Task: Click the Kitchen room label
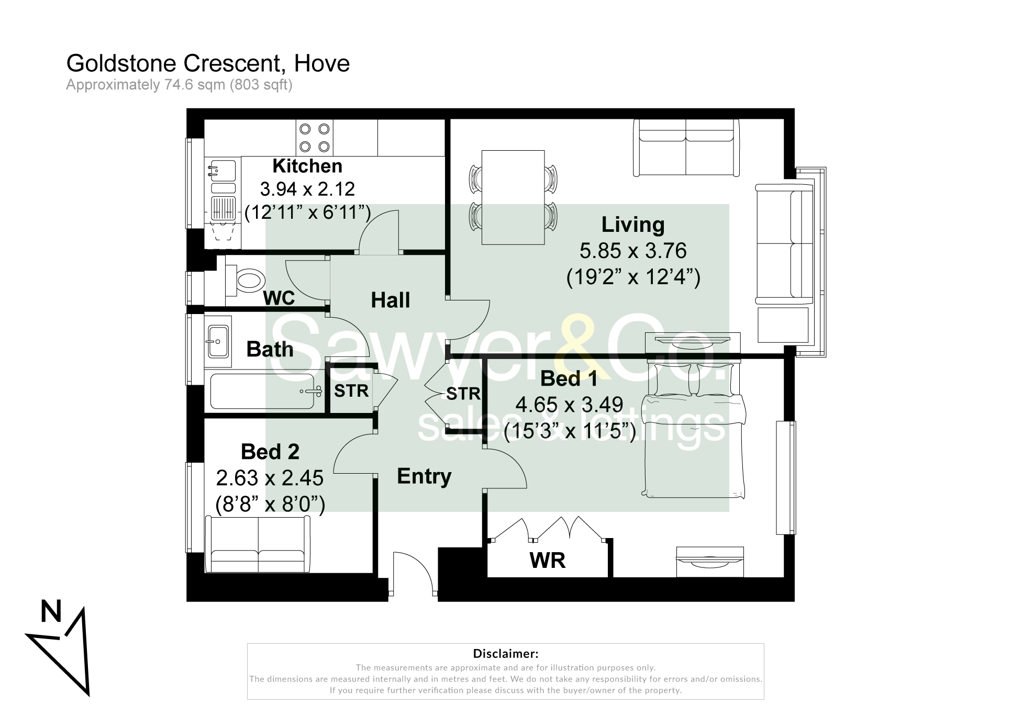[307, 166]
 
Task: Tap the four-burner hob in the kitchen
[314, 138]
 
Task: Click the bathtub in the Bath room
[262, 391]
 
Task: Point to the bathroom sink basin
[218, 341]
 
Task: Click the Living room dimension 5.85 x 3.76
[632, 251]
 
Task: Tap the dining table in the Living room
[513, 197]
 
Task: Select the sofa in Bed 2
[258, 544]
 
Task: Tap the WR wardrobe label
[547, 561]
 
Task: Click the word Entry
[424, 476]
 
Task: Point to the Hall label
[390, 300]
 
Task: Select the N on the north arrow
[51, 611]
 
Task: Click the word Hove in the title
[321, 64]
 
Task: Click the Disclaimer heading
[505, 653]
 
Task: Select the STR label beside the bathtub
[351, 391]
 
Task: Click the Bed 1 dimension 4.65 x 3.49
[569, 405]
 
